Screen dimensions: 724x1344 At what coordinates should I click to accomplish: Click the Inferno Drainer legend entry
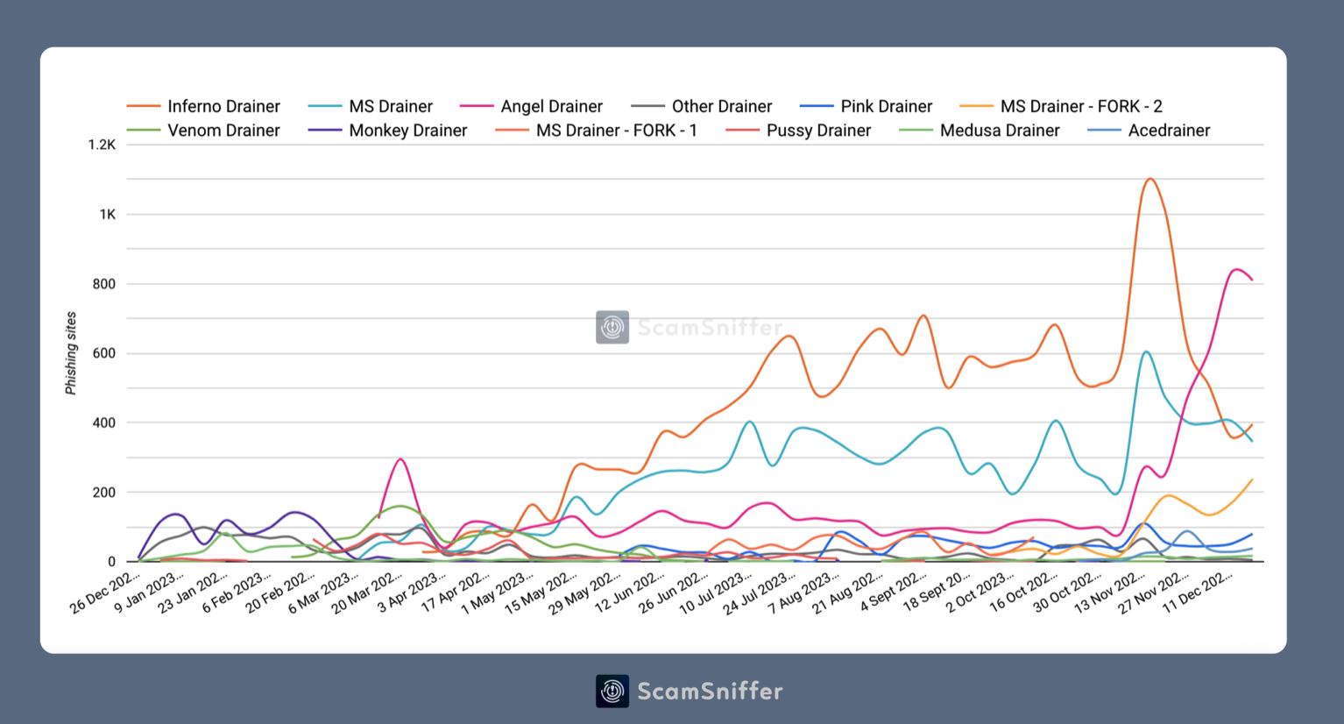[x=223, y=106]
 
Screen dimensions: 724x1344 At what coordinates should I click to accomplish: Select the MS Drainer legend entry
[x=390, y=106]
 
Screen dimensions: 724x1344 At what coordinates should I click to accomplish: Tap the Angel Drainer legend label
[x=551, y=106]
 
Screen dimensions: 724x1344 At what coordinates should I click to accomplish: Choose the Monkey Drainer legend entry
[x=407, y=131]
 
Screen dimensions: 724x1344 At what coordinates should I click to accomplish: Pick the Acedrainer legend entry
[x=1168, y=131]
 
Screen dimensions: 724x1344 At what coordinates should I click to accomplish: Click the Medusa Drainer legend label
[x=999, y=131]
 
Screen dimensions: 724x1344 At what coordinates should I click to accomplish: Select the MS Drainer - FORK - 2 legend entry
[x=1080, y=106]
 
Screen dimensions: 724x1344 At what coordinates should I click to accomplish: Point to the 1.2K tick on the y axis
[x=102, y=145]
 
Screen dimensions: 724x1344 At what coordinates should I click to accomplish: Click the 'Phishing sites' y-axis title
[x=71, y=353]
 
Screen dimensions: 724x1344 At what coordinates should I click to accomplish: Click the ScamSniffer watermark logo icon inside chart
[x=612, y=327]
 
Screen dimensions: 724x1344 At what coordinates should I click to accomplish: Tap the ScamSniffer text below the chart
[x=710, y=691]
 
